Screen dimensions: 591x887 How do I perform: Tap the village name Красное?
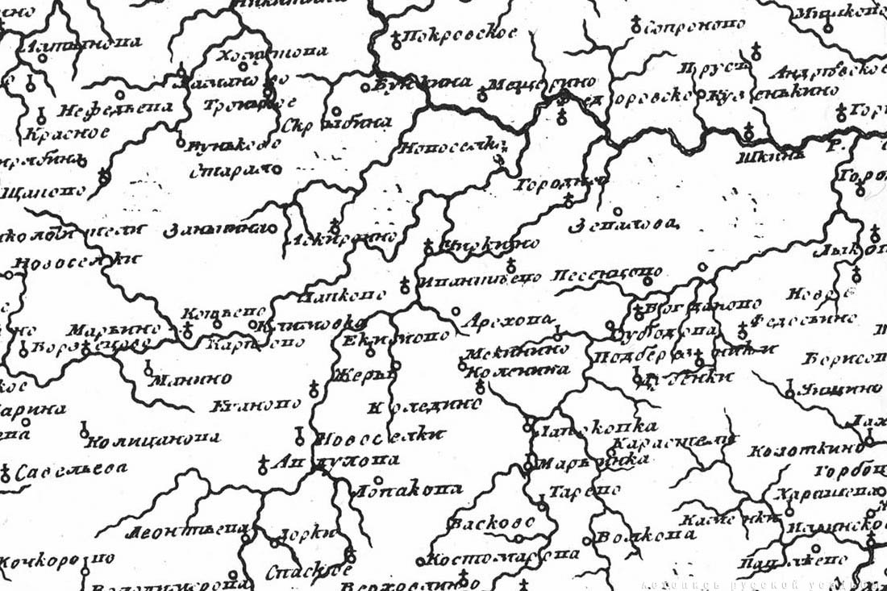coord(67,132)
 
